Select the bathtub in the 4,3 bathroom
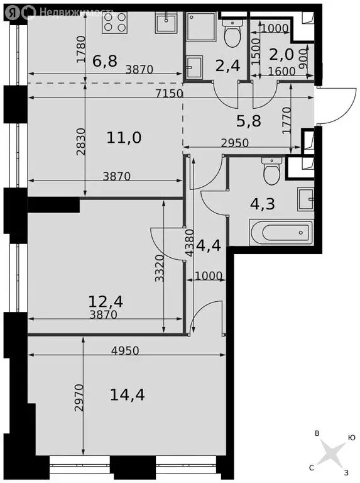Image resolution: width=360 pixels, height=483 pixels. tap(280, 232)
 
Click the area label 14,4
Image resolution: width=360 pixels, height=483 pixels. tap(127, 394)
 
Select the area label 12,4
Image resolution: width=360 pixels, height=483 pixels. tap(106, 301)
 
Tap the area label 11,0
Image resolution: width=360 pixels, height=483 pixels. tap(124, 137)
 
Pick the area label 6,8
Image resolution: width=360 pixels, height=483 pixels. tap(105, 60)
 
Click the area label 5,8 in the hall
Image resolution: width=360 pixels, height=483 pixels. tap(249, 121)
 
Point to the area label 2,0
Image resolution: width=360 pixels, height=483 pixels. tap(281, 55)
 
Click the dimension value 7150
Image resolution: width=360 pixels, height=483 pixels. tap(169, 93)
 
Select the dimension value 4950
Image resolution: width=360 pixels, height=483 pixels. tap(125, 350)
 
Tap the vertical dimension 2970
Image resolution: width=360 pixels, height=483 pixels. tap(79, 397)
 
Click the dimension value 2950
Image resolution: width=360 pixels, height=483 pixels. tap(234, 143)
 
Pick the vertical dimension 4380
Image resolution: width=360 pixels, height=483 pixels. tap(190, 243)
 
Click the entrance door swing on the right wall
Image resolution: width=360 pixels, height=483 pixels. tap(339, 106)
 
